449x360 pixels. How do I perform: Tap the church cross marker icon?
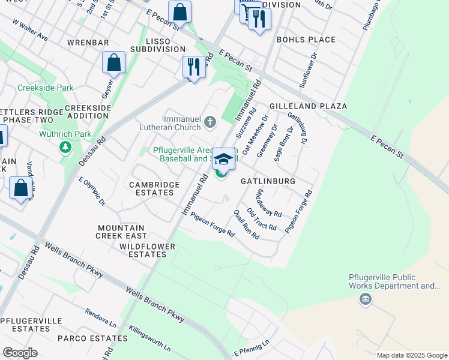209,123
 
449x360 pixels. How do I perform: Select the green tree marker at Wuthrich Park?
65,147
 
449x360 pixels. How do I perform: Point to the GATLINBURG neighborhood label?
268,181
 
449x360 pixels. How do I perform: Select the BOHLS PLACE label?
306,40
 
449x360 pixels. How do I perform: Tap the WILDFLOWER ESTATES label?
147,251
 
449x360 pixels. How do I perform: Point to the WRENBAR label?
88,43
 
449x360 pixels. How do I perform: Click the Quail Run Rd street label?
246,224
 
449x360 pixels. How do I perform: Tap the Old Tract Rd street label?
262,221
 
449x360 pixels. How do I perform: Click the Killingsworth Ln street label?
149,339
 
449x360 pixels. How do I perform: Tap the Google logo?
20,353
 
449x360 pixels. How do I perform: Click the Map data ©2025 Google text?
411,355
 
